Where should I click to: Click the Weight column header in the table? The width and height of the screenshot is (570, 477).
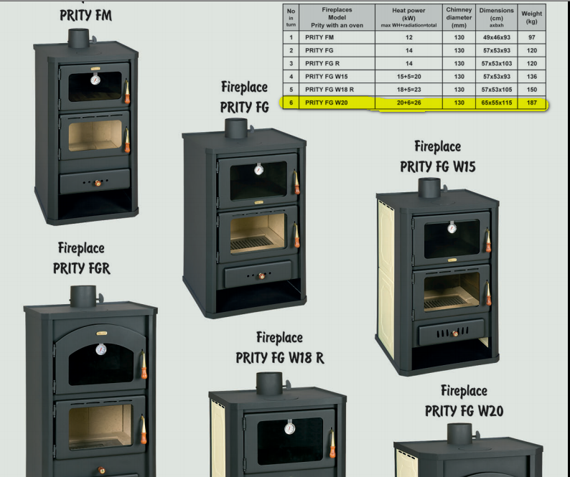tap(531, 17)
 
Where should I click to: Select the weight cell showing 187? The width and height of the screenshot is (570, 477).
tap(531, 103)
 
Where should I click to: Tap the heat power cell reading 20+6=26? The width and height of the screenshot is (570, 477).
tap(408, 103)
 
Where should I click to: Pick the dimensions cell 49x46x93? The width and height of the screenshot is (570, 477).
tap(497, 37)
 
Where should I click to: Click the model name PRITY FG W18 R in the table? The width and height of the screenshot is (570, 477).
tap(330, 90)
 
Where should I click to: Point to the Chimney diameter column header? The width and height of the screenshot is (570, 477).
tap(459, 17)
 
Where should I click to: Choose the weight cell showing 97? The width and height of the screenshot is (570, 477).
tap(531, 37)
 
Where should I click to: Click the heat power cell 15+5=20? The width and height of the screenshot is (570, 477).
tap(408, 77)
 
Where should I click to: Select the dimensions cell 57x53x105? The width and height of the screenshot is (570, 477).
tap(497, 90)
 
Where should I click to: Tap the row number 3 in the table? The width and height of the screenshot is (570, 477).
tap(291, 64)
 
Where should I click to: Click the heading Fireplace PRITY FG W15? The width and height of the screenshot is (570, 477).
tap(437, 156)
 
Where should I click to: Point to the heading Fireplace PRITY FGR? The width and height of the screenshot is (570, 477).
tap(81, 258)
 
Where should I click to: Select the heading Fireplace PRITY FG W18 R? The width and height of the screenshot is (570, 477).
tap(279, 347)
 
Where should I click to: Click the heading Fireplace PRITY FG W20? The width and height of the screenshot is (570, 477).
tap(464, 401)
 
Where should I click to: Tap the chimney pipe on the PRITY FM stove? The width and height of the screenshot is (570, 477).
tap(79, 38)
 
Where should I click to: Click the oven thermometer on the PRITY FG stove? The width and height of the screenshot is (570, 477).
tap(258, 170)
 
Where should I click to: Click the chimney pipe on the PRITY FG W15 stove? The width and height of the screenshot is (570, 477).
tap(429, 188)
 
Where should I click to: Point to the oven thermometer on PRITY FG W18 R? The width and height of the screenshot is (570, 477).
tap(289, 428)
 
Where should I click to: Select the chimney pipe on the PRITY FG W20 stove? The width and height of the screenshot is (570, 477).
tap(459, 433)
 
